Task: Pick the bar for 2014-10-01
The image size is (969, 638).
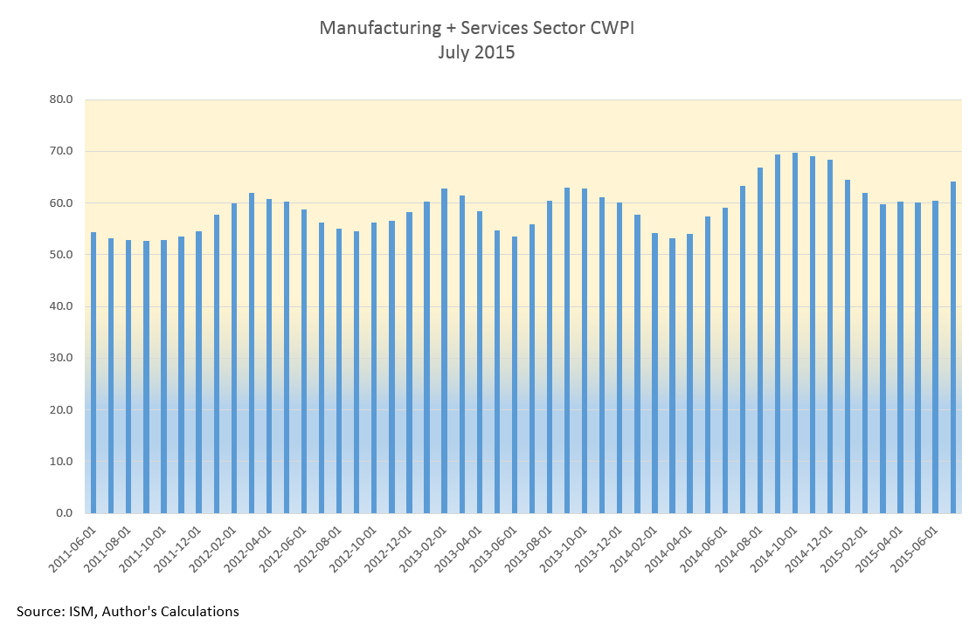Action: click(795, 333)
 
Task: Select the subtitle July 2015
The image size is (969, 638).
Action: click(476, 52)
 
